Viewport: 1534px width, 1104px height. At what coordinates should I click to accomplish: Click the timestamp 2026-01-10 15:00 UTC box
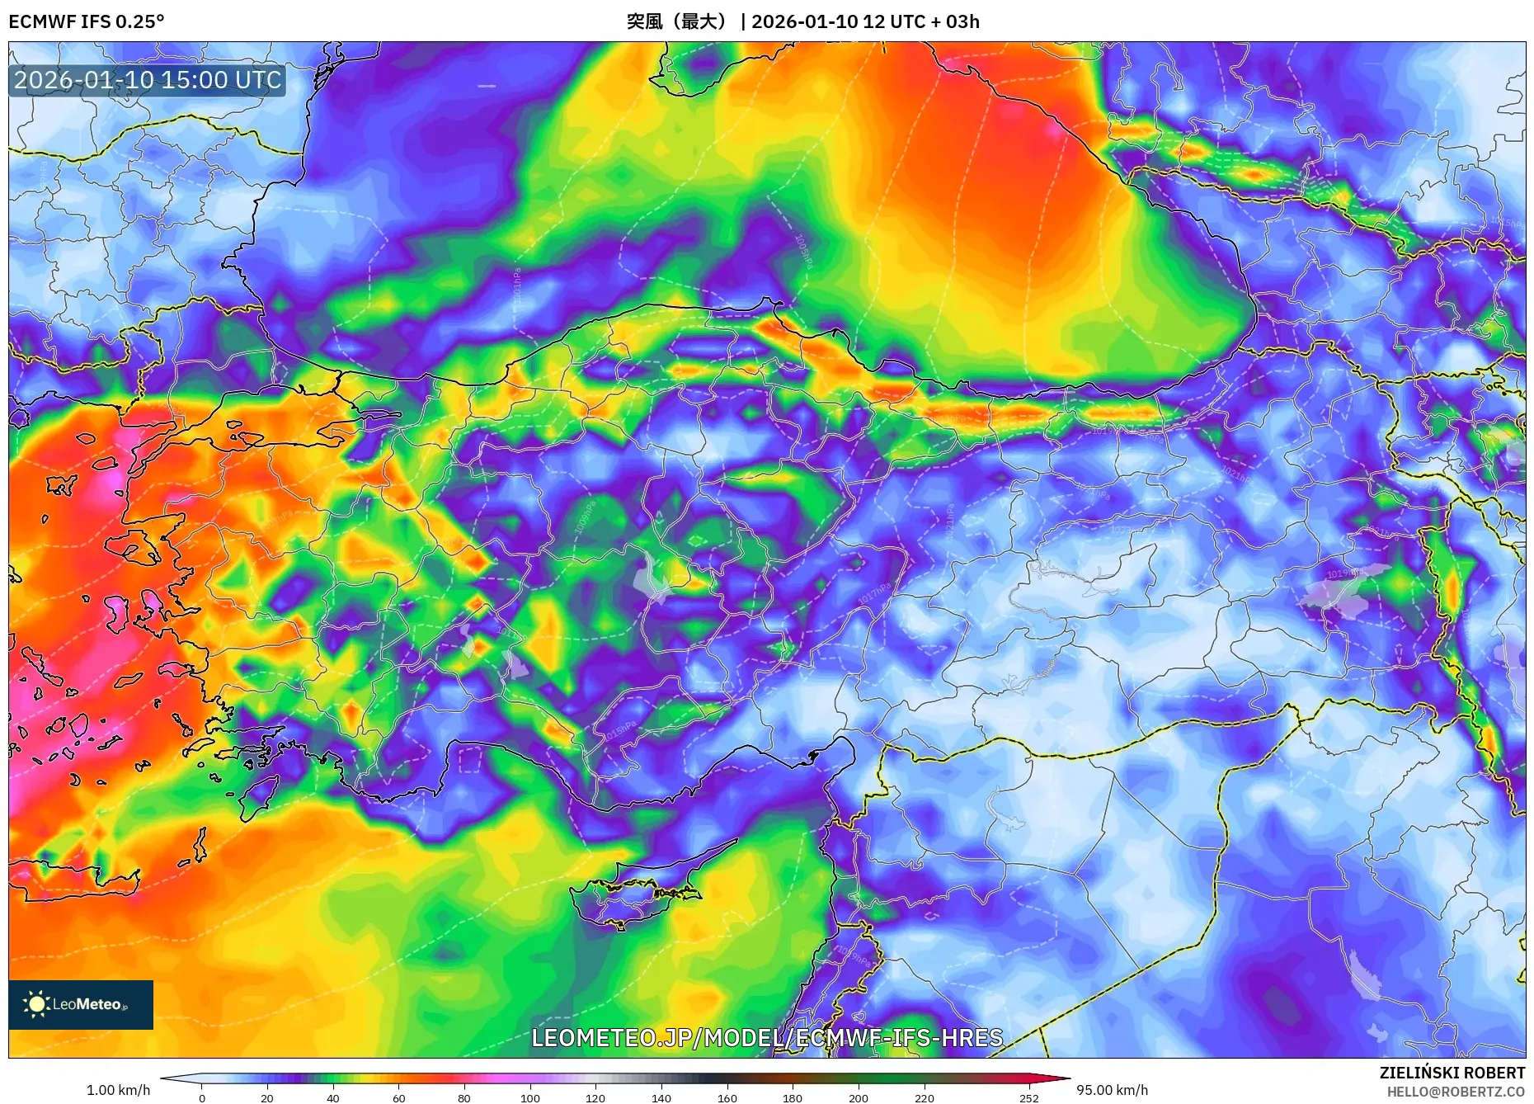[x=148, y=80]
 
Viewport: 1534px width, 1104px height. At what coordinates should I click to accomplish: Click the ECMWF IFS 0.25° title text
[x=87, y=21]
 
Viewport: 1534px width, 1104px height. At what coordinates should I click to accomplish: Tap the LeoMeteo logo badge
[x=81, y=1004]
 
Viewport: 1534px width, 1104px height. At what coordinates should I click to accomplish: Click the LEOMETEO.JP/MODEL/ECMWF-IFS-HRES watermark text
[x=767, y=1037]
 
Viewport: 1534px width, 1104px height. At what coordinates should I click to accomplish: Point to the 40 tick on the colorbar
[x=333, y=1097]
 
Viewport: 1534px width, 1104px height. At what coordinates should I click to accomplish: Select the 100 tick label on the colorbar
[x=530, y=1097]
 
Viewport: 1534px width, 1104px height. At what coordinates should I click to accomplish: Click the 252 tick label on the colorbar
[x=1028, y=1097]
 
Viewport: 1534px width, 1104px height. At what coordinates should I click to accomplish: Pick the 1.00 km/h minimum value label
[x=118, y=1090]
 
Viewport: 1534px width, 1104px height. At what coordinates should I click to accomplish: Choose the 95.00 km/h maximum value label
[x=1112, y=1090]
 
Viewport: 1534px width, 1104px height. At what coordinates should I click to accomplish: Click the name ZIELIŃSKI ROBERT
[x=1452, y=1073]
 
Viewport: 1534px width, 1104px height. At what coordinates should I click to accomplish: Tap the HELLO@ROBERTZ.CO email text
[x=1456, y=1092]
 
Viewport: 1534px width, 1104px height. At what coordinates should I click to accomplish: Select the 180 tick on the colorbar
[x=793, y=1097]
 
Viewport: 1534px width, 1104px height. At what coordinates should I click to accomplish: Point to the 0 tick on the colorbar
[x=202, y=1097]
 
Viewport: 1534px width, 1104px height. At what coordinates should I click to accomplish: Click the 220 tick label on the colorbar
[x=924, y=1097]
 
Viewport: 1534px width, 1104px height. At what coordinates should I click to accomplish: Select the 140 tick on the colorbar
[x=661, y=1097]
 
